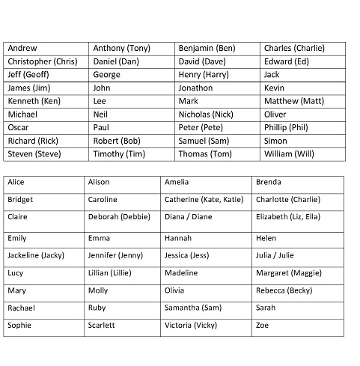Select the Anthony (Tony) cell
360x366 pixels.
tap(120, 49)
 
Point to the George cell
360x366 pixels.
tap(106, 75)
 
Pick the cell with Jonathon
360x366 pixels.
tap(195, 88)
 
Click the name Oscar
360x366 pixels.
tap(19, 128)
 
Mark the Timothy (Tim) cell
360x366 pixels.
tap(118, 154)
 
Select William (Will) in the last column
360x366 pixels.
tap(290, 154)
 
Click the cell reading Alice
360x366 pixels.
tap(16, 182)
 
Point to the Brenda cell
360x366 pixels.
tap(267, 182)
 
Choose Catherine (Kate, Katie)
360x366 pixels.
tap(204, 200)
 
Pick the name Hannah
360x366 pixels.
tap(177, 239)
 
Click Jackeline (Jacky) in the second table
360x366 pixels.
tap(36, 256)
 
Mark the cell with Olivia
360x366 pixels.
tap(174, 290)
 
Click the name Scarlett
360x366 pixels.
tap(102, 326)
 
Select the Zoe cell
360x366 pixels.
tap(263, 326)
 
